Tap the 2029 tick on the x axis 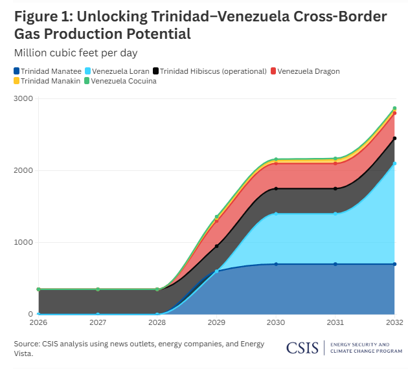pyautogui.click(x=216, y=322)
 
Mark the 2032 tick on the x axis pyautogui.click(x=394, y=322)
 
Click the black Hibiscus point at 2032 pyautogui.click(x=394, y=138)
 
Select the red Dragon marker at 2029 pyautogui.click(x=216, y=221)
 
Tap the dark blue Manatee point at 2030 pyautogui.click(x=276, y=264)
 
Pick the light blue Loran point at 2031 pyautogui.click(x=335, y=214)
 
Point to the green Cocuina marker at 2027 pyautogui.click(x=98, y=289)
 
